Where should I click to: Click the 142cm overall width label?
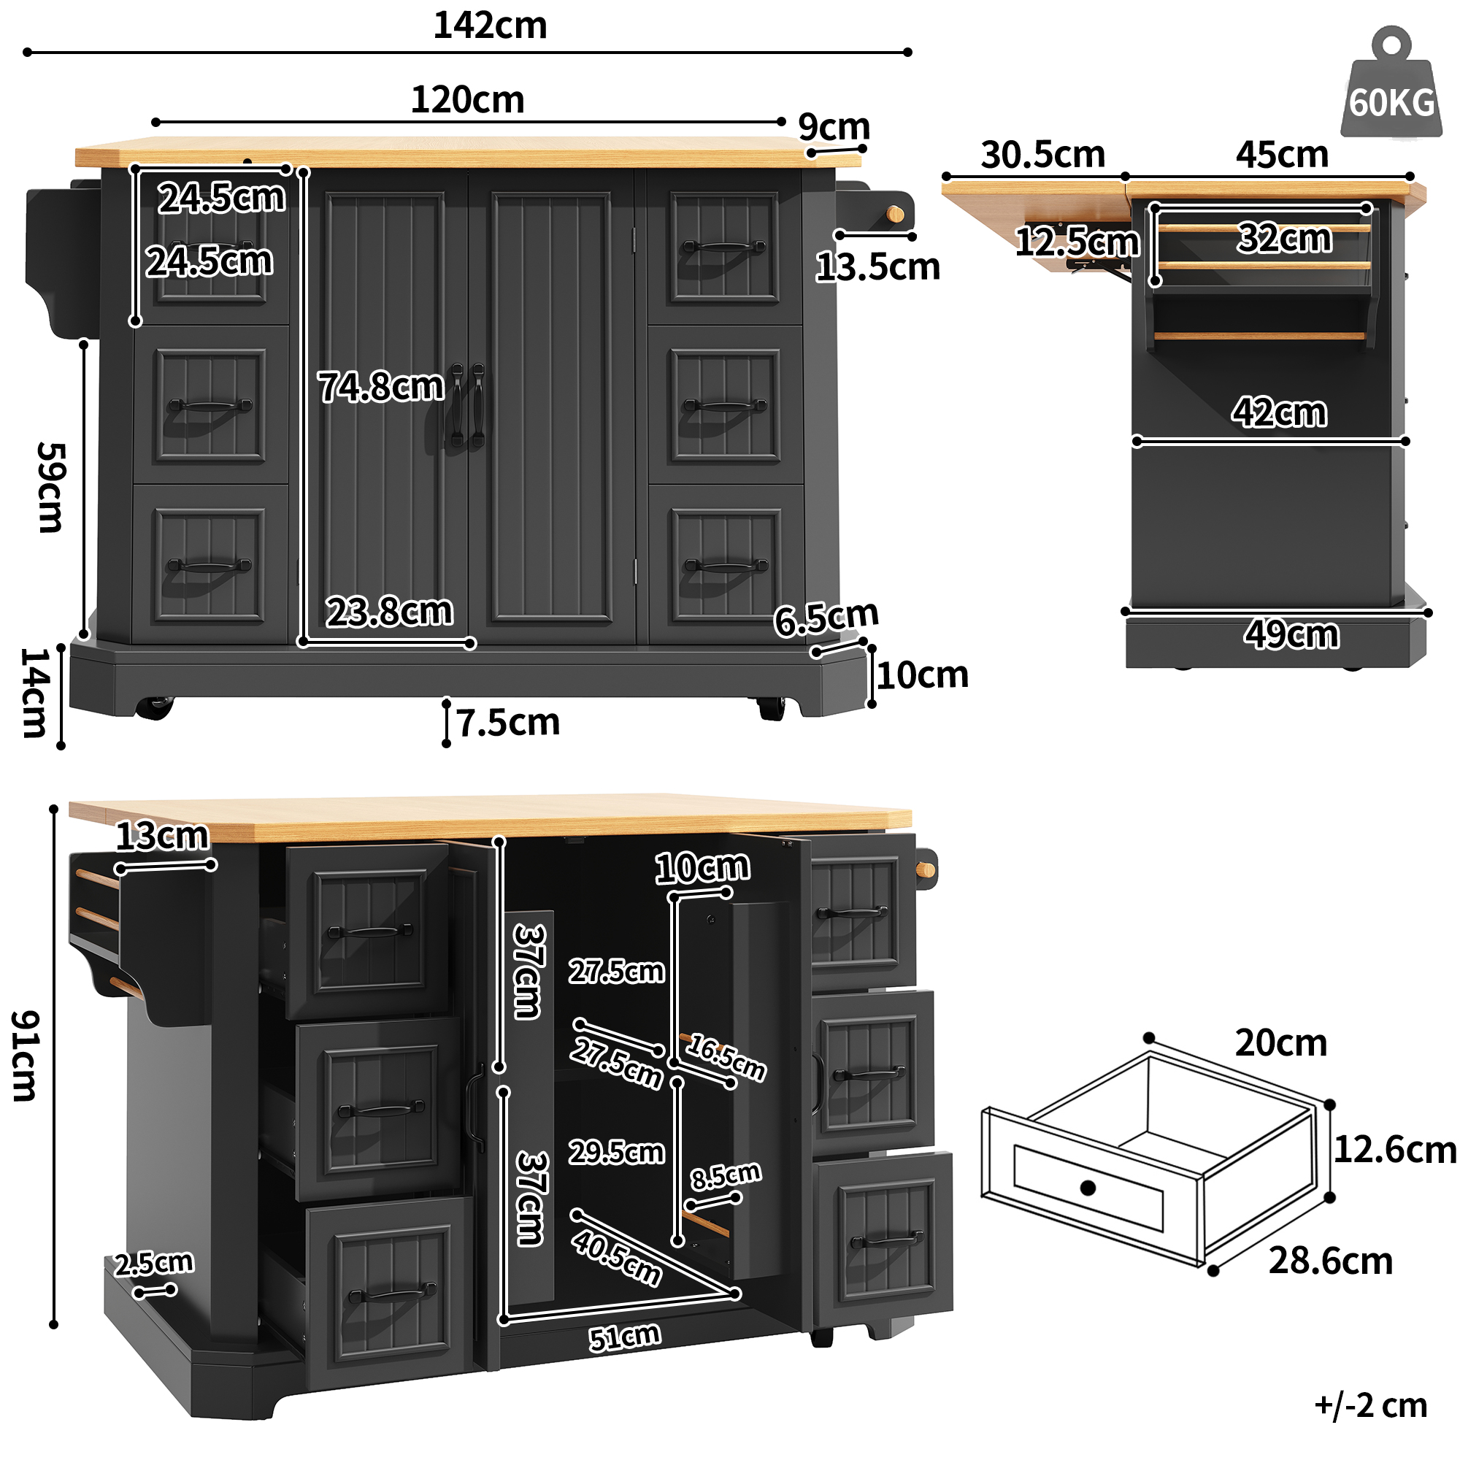click(x=490, y=26)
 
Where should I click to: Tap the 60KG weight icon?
click(x=1391, y=91)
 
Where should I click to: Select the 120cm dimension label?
click(x=467, y=100)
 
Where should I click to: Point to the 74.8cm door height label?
click(x=381, y=387)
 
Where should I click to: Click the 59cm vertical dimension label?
click(x=52, y=488)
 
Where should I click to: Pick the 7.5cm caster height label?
click(x=508, y=723)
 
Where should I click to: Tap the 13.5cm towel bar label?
click(x=877, y=267)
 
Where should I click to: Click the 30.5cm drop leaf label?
click(x=1042, y=155)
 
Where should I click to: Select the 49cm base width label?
click(x=1291, y=635)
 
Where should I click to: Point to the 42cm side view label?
click(x=1279, y=412)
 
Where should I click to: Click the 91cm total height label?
click(x=25, y=1056)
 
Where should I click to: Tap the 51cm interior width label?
click(x=625, y=1337)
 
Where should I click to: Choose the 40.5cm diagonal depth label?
click(x=617, y=1258)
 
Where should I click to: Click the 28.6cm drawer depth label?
click(x=1330, y=1261)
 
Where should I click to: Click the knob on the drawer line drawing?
click(x=1088, y=1188)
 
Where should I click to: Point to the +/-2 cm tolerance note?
click(x=1370, y=1405)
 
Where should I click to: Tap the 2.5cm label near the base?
click(x=154, y=1263)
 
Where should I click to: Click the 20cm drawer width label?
click(x=1281, y=1044)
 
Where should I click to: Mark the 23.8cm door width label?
click(x=389, y=611)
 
